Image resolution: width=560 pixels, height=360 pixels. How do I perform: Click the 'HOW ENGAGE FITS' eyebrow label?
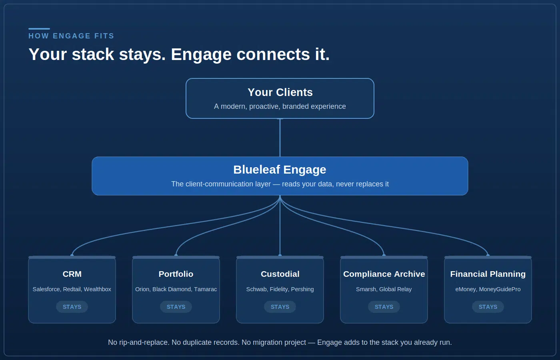tap(71, 36)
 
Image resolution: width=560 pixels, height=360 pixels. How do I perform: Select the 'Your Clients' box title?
tap(280, 92)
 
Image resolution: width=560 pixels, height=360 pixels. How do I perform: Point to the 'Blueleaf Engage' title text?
tap(280, 170)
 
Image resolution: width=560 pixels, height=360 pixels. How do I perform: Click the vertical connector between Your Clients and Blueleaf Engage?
tap(280, 138)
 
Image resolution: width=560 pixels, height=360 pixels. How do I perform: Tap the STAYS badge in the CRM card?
tap(72, 307)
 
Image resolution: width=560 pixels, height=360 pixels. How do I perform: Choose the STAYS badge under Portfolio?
tap(176, 307)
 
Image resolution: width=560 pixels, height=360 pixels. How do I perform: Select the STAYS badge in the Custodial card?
tap(280, 307)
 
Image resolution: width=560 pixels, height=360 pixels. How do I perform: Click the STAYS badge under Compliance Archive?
tap(384, 307)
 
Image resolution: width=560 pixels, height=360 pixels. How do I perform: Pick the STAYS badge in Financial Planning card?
tap(488, 307)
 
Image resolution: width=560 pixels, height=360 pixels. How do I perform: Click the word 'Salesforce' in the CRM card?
tap(46, 289)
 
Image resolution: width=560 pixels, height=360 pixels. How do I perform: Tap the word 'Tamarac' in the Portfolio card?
tap(205, 289)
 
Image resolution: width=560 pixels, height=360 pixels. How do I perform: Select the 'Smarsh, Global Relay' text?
tap(384, 289)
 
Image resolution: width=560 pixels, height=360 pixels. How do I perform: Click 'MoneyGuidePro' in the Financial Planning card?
tap(500, 289)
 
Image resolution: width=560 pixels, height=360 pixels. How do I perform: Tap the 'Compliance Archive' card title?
tap(384, 274)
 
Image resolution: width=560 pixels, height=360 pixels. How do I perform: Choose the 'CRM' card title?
tap(72, 274)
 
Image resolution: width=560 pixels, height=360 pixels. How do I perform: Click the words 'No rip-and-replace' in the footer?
tap(139, 342)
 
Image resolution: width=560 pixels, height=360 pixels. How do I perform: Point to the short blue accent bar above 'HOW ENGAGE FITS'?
tap(39, 29)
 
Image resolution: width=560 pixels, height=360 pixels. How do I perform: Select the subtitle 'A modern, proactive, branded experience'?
tap(280, 106)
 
